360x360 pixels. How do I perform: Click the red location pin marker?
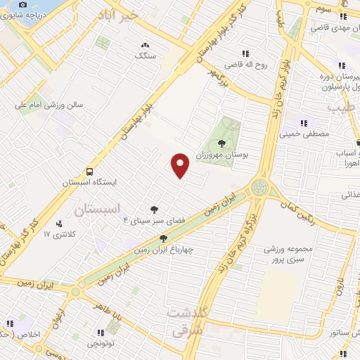(x=181, y=165)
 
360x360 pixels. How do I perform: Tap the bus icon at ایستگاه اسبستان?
(x=89, y=171)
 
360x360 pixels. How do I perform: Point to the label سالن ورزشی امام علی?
(x=49, y=105)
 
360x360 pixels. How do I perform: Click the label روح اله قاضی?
(x=252, y=64)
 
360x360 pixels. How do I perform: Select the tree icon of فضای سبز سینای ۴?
(x=154, y=209)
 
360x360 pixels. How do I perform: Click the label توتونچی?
(x=103, y=343)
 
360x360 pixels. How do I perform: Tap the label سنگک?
(x=146, y=55)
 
